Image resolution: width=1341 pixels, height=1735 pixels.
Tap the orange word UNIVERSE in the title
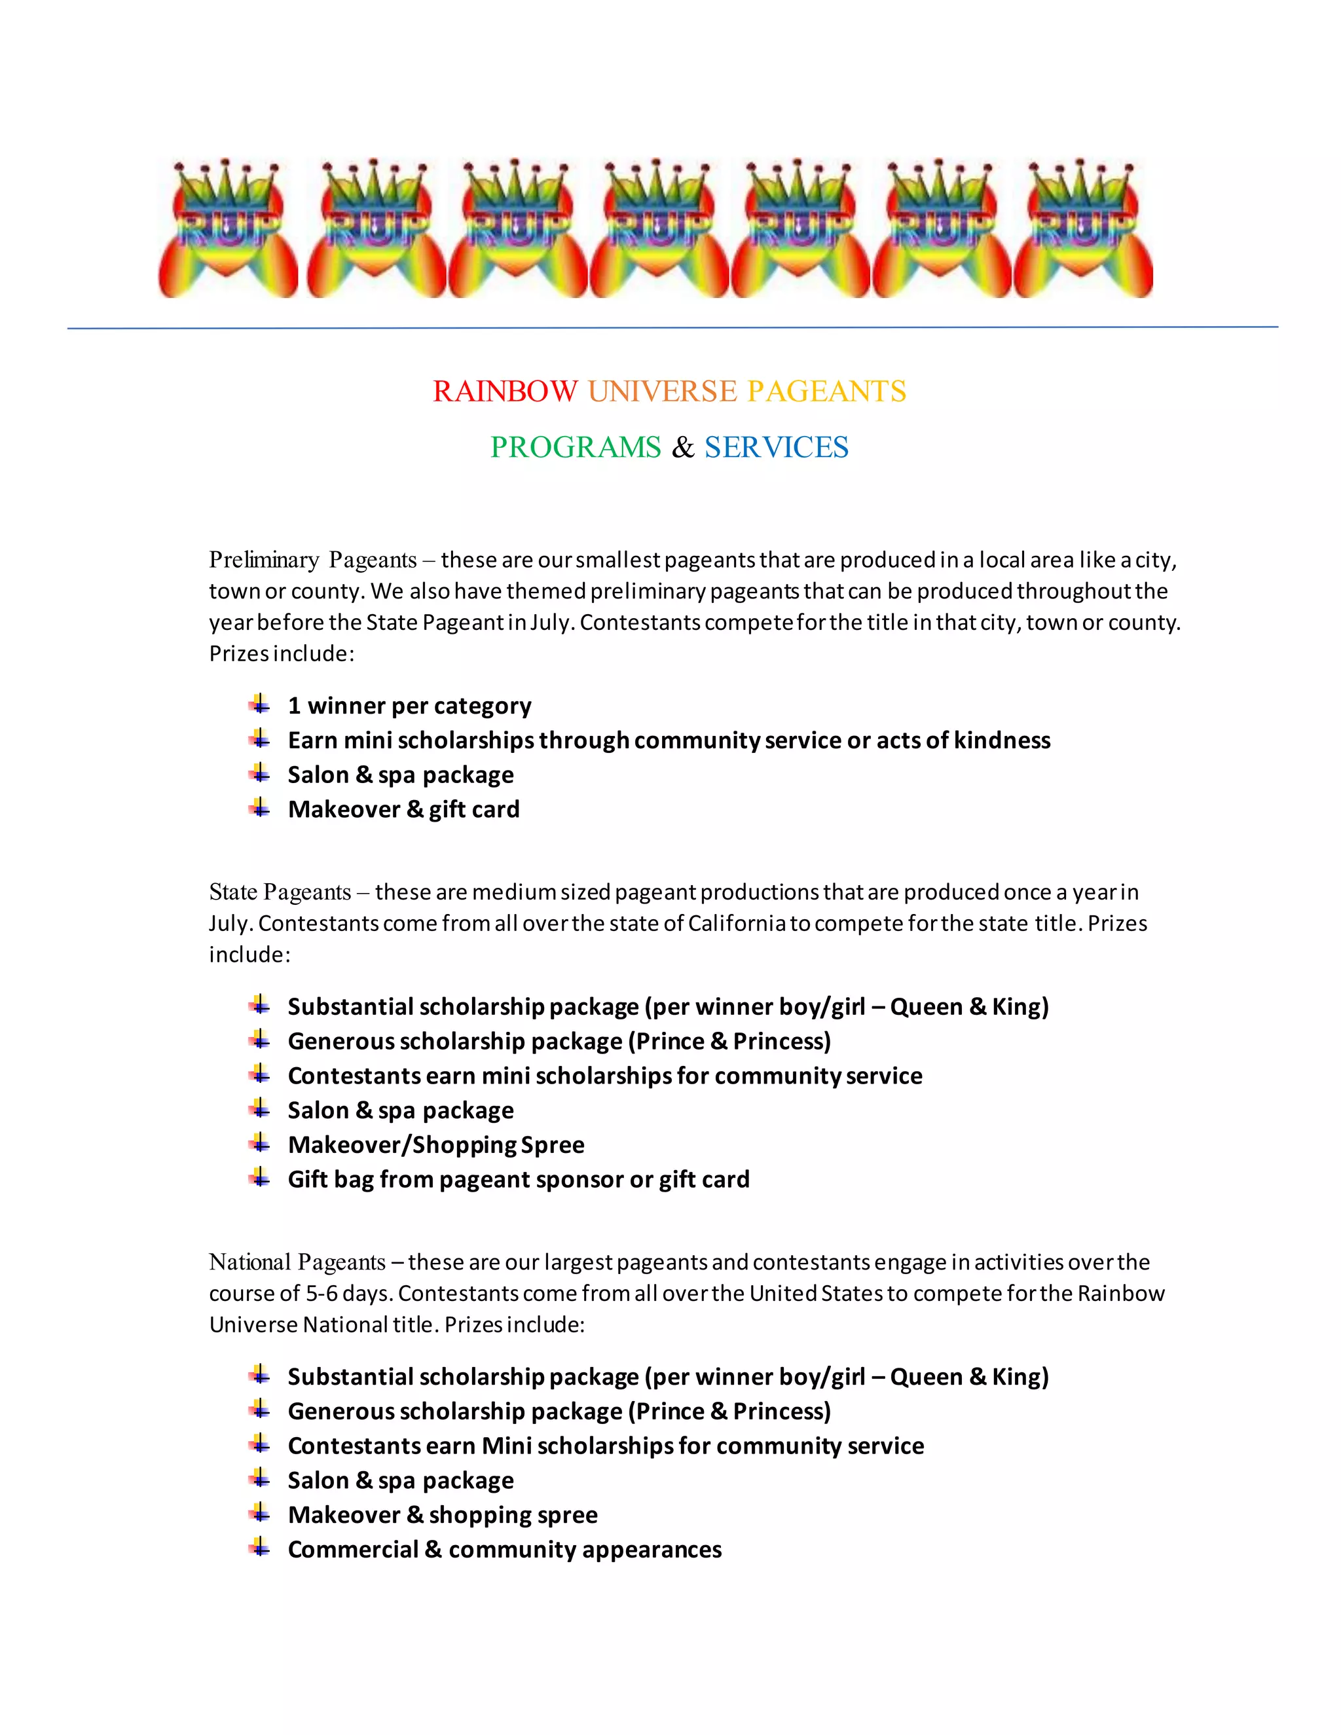pyautogui.click(x=663, y=392)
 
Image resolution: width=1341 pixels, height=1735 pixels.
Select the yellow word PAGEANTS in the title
pyautogui.click(x=826, y=392)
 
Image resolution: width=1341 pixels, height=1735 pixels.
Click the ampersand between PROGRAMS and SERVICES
pyautogui.click(x=682, y=448)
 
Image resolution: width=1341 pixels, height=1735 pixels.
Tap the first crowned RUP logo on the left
pyautogui.click(x=228, y=228)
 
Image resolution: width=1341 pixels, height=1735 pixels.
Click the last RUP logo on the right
pyautogui.click(x=1083, y=228)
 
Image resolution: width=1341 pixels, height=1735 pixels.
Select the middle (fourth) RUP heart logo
pyautogui.click(x=659, y=228)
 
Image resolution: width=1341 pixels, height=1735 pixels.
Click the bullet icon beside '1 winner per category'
pyautogui.click(x=259, y=704)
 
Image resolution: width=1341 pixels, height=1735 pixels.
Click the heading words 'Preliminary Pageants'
pyautogui.click(x=312, y=560)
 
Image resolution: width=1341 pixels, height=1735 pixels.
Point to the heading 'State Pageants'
pyautogui.click(x=280, y=892)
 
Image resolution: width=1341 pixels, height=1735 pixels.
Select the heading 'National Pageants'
pyautogui.click(x=297, y=1262)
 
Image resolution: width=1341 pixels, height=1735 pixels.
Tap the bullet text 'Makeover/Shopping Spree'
pyautogui.click(x=436, y=1144)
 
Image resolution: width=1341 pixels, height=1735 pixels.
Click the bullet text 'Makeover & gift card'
pyautogui.click(x=403, y=809)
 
